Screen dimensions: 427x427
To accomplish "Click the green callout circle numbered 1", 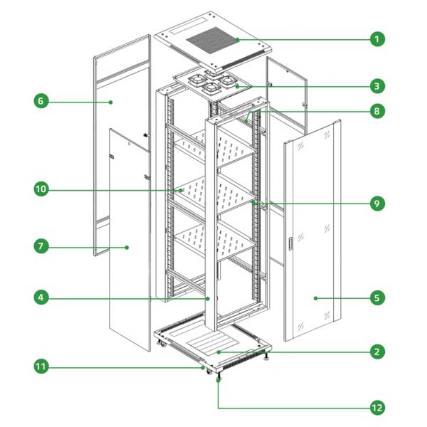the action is click(377, 39).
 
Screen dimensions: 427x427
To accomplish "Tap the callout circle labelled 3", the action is click(377, 86).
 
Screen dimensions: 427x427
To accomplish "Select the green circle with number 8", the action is click(377, 111).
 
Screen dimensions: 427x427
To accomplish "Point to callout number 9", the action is click(377, 204).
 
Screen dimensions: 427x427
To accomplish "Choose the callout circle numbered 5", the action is click(377, 297).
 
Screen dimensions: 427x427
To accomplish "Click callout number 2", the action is click(377, 352).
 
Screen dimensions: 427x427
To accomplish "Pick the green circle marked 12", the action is click(377, 408).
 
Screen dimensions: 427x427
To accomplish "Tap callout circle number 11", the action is click(41, 367).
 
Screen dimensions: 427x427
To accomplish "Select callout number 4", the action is click(41, 297).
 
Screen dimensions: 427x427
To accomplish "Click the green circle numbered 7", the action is click(41, 246).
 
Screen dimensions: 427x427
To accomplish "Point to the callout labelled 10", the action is click(41, 189).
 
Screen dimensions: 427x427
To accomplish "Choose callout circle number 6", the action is click(41, 101).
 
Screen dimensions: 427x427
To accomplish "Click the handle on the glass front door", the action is click(290, 243).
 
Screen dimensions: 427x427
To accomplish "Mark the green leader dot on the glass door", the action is click(315, 298).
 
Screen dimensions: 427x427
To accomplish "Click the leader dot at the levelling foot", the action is click(218, 380).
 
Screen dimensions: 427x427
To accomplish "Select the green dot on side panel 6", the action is click(110, 102).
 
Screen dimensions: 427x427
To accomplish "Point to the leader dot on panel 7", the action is click(127, 248).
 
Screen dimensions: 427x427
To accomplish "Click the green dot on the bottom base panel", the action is click(218, 352).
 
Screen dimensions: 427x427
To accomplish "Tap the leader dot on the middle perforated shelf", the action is click(180, 190).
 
